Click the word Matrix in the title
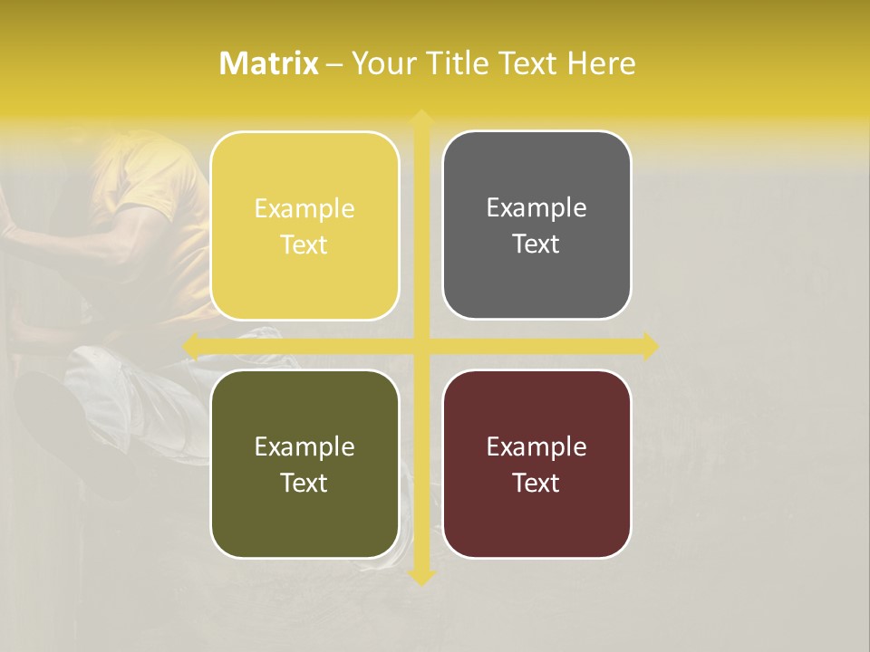pos(269,63)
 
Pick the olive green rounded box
pos(304,516)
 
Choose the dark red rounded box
pos(536,516)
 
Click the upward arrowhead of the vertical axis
pos(420,118)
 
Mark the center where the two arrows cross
pos(420,346)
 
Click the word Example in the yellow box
pos(304,209)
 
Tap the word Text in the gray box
pos(536,244)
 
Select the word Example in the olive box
pos(304,446)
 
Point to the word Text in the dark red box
pos(536,483)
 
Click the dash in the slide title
pos(334,64)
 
